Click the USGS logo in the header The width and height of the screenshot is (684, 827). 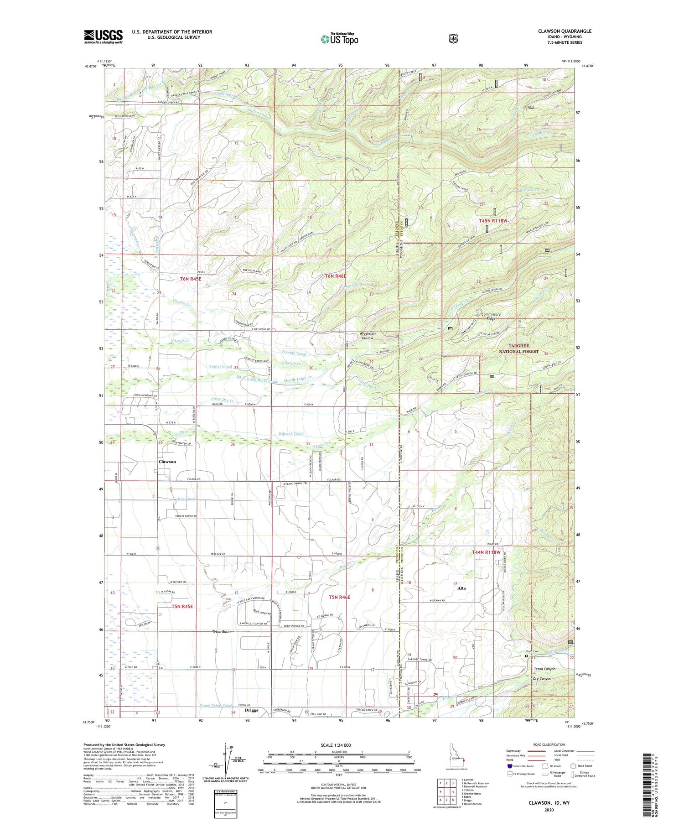pos(103,36)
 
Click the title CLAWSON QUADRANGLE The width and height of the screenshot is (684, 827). pos(565,31)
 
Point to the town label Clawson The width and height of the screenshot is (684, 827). pos(167,462)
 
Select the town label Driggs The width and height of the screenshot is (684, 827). pos(251,710)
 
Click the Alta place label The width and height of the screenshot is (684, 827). pos(461,588)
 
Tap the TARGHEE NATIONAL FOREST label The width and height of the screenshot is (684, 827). pos(518,349)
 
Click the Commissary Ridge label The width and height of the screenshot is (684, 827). pos(490,316)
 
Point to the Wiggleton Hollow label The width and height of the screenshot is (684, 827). pos(368,336)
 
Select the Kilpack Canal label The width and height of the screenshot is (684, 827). pos(291,434)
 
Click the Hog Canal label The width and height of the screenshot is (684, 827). pos(186,499)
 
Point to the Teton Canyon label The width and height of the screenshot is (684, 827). pos(544,669)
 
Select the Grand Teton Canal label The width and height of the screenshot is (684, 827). pos(216,706)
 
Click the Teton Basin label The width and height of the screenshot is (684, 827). pos(221,632)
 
